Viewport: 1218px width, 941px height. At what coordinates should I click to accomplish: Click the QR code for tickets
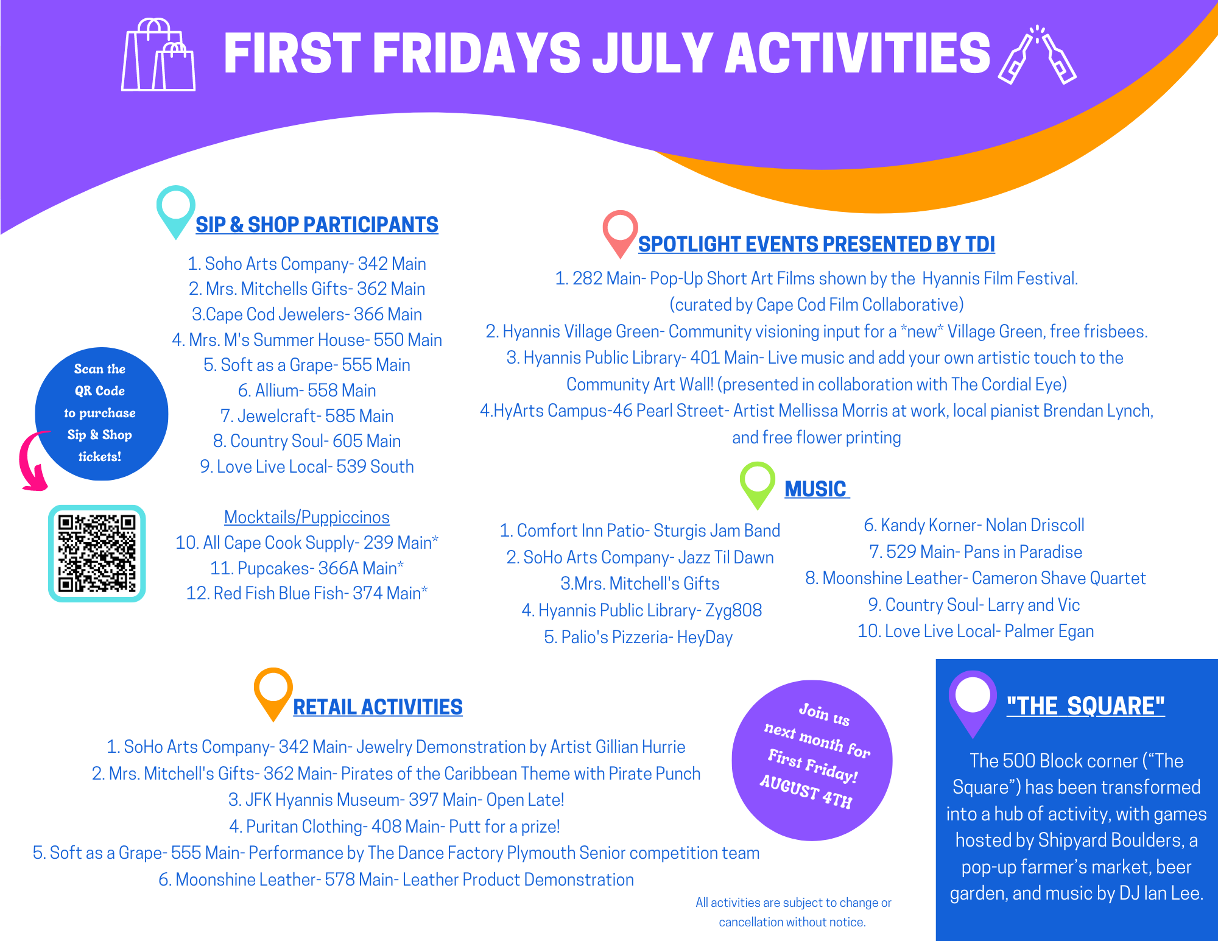[97, 553]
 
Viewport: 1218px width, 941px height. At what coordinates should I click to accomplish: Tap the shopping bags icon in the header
[158, 55]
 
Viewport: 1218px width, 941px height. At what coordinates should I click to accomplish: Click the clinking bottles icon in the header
[1037, 55]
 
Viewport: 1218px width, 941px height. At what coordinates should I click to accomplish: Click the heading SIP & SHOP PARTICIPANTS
[317, 225]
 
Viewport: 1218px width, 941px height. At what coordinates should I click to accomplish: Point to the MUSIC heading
[815, 489]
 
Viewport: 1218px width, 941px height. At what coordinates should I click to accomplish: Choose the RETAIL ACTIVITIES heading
[378, 707]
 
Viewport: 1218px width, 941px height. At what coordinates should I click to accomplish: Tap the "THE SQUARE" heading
[1085, 706]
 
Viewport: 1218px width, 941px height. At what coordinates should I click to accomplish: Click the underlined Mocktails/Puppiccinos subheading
[307, 517]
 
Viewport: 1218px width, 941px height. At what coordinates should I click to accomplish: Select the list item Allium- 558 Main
[307, 390]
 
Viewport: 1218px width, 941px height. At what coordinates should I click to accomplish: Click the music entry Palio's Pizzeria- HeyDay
[638, 637]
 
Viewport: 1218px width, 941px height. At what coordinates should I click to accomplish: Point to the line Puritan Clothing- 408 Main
[395, 826]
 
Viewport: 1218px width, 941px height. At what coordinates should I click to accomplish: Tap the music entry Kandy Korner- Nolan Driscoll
[974, 525]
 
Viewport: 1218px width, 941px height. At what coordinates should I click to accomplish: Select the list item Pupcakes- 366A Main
[307, 568]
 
